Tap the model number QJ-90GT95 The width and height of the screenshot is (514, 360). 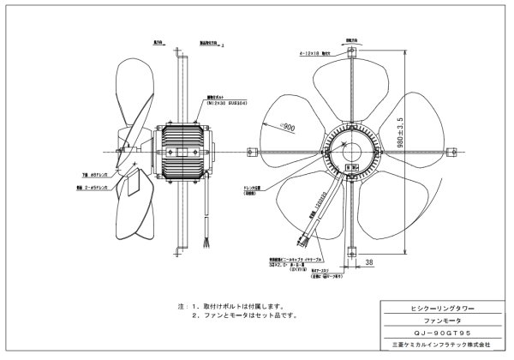(436, 330)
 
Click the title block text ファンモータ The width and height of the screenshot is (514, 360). (436, 317)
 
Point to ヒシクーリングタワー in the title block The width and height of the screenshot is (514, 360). (436, 304)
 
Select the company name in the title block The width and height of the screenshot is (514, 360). (436, 344)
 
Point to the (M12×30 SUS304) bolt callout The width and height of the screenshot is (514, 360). (201, 104)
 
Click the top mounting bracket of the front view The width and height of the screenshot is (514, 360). (350, 54)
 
